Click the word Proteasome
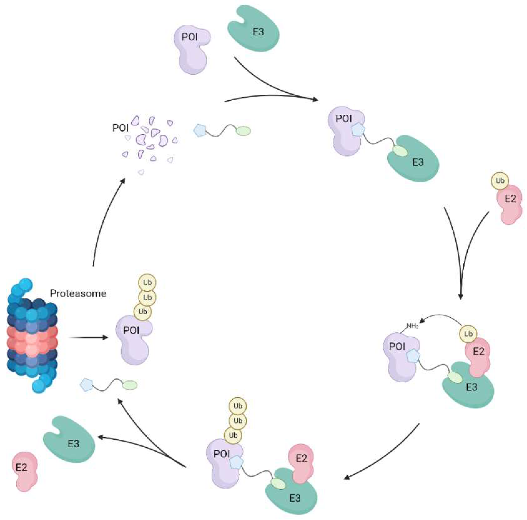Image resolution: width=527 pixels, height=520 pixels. [78, 294]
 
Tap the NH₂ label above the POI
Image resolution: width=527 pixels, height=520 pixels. [412, 326]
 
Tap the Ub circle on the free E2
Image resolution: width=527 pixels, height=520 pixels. [500, 181]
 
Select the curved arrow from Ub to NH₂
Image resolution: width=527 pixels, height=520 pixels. [442, 316]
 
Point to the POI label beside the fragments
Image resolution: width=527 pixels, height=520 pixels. [120, 128]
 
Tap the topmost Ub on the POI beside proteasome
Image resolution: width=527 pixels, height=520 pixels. [147, 282]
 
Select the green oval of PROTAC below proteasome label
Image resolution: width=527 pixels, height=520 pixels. [130, 385]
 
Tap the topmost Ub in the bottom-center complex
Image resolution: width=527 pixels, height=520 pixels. [238, 406]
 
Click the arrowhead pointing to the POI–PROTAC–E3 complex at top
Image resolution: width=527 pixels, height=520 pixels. [315, 100]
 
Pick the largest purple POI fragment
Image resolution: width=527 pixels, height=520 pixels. [142, 138]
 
